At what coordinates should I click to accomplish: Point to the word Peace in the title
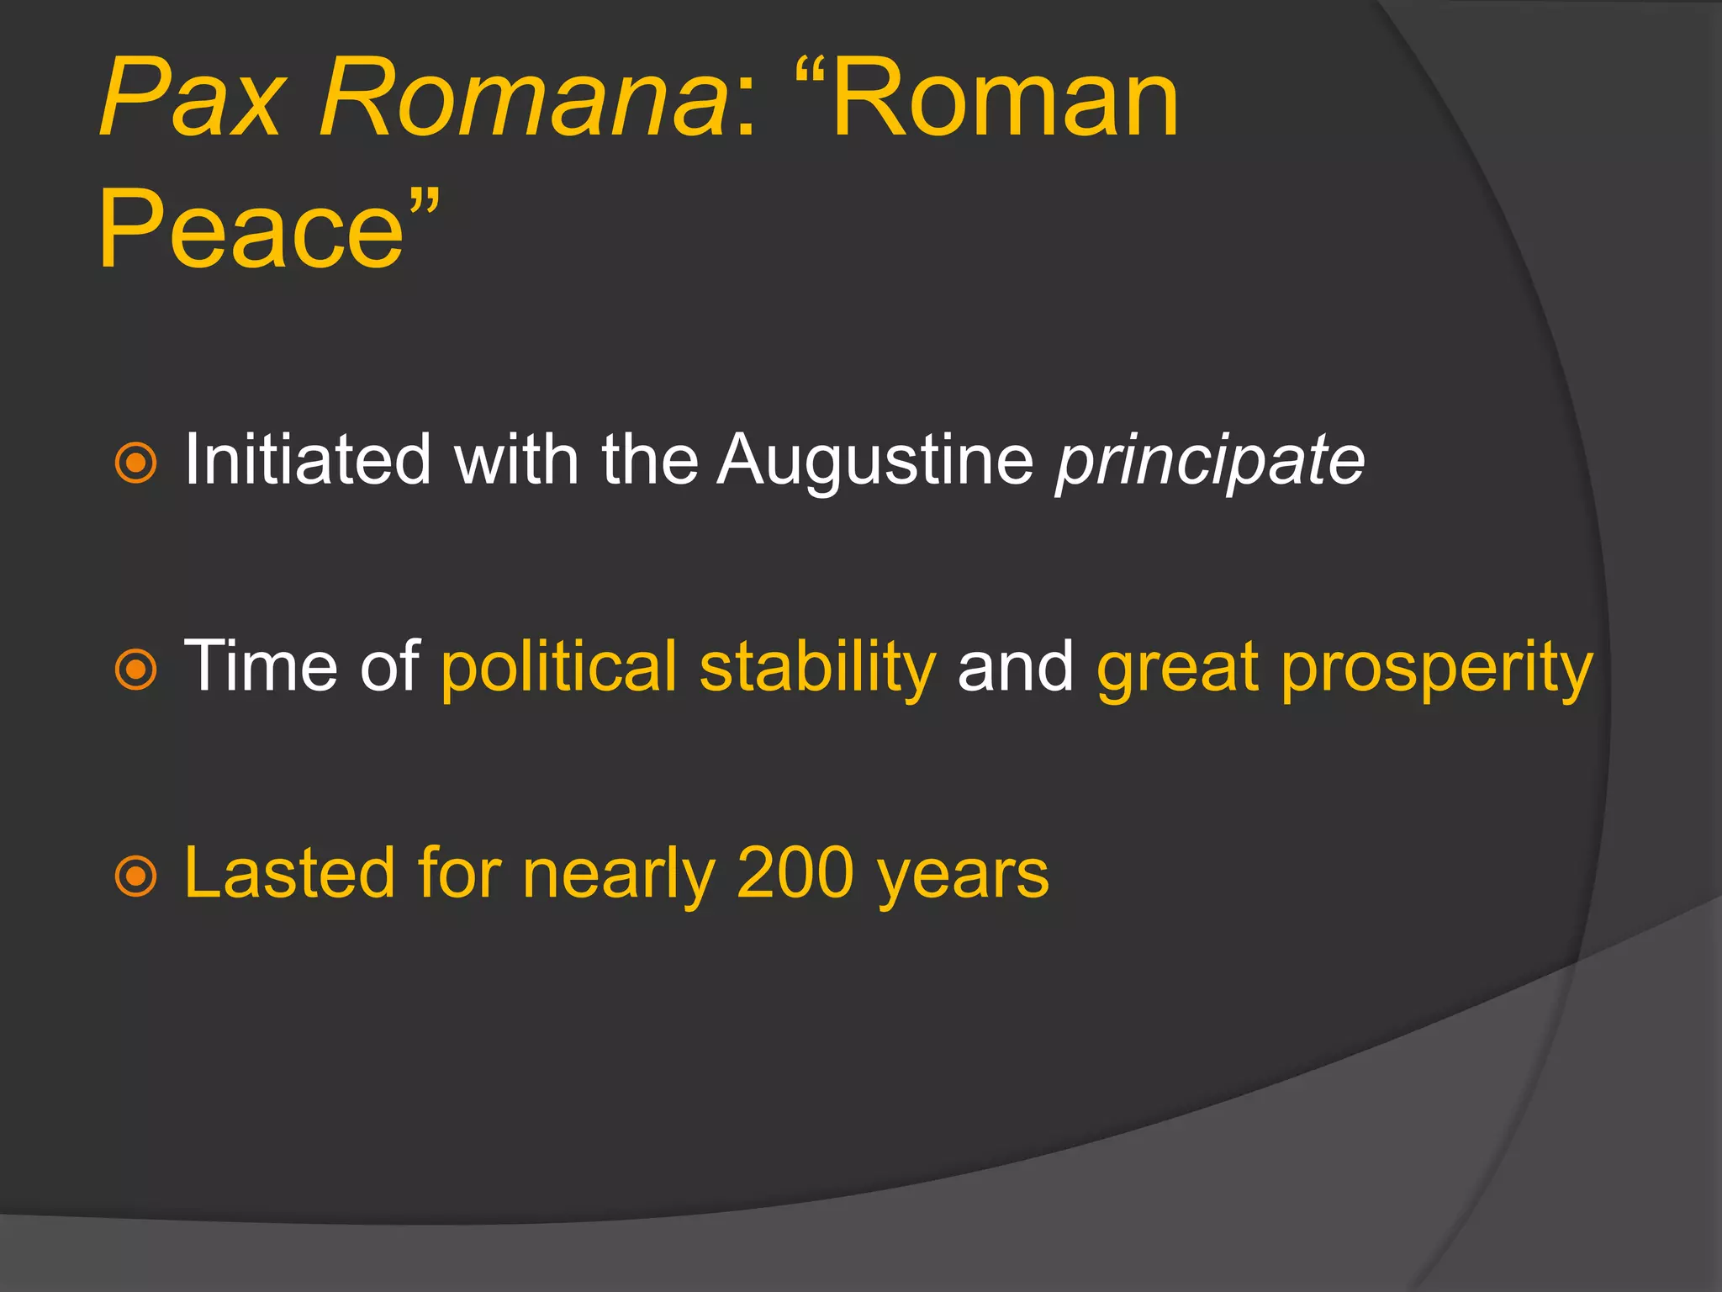(x=252, y=229)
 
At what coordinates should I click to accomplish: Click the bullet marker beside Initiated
(x=135, y=463)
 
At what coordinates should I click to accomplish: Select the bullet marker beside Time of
(x=135, y=670)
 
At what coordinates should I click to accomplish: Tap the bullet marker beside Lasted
(x=135, y=876)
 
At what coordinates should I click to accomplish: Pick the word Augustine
(x=874, y=461)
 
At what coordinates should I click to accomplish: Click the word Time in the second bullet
(x=261, y=666)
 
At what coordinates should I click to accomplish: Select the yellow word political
(x=558, y=666)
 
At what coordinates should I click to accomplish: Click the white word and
(x=1016, y=666)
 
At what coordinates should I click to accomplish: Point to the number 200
(x=795, y=873)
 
